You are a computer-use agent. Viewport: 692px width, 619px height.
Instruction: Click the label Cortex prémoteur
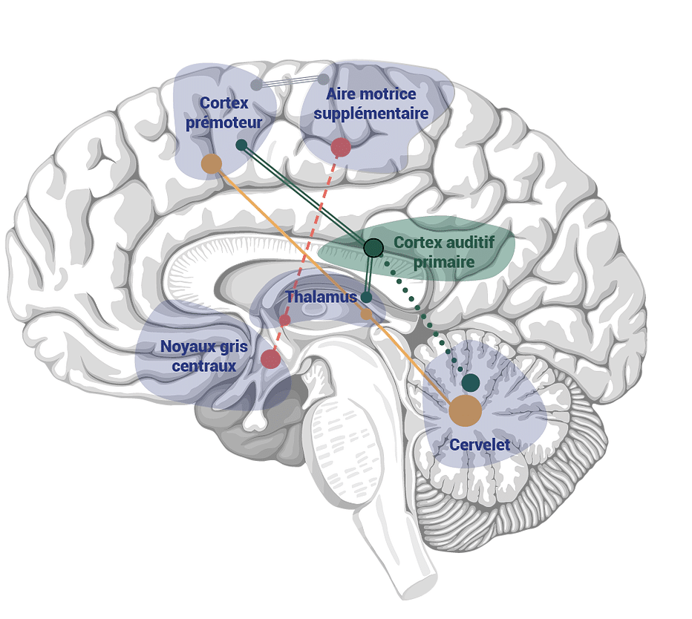223,112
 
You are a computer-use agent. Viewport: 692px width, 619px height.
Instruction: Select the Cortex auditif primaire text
443,252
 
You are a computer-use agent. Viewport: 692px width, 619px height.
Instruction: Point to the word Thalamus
321,297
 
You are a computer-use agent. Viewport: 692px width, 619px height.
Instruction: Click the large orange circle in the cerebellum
466,410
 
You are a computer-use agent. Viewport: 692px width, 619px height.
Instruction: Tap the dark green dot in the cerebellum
470,383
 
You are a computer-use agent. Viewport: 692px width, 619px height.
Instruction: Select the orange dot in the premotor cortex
212,164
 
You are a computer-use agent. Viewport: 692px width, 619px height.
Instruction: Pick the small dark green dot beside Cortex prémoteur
241,145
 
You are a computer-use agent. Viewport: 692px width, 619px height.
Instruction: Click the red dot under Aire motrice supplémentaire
340,147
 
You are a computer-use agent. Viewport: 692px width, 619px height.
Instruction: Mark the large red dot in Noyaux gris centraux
270,359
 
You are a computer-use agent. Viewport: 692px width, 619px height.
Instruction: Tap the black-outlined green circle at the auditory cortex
373,247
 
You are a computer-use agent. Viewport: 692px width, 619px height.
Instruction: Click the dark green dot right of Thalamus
366,297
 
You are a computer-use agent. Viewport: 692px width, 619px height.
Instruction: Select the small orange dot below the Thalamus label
366,314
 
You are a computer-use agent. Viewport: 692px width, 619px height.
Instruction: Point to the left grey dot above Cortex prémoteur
256,85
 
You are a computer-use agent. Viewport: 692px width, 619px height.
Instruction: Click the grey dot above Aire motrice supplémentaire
323,79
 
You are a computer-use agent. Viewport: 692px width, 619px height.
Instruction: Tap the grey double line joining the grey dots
290,82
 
